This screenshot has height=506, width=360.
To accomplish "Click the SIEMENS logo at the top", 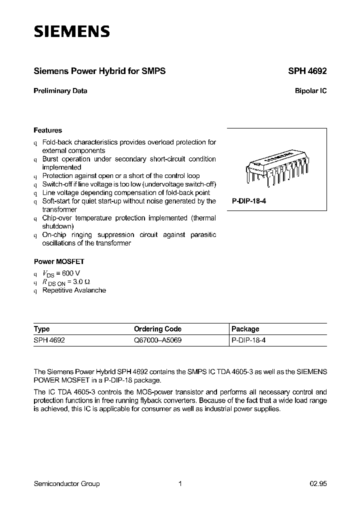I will pos(71,32).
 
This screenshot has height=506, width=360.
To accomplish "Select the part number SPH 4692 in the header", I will pos(307,71).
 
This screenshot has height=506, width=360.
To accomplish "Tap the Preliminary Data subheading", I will pos(60,91).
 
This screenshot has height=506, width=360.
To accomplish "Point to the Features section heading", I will pos(48,130).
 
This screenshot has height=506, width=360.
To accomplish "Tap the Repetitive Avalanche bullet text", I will pos(74,290).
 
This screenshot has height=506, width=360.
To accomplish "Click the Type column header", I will pos(42,329).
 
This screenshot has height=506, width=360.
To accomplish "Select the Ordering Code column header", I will pos(157,329).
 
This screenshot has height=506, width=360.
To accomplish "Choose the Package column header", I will pos(245,329).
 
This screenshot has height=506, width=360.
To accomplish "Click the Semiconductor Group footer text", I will pos(66,483).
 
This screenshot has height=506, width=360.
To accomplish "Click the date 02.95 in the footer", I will pos(317,483).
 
